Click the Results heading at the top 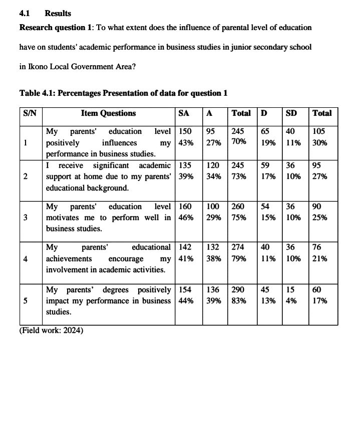click(58, 14)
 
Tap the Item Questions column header click(108, 114)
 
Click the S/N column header click(30, 114)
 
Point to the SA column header click(184, 114)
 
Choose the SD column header click(291, 114)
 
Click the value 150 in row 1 click(185, 131)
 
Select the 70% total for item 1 click(239, 142)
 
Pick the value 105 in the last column click(319, 131)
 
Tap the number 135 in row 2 click(185, 165)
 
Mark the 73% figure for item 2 click(239, 176)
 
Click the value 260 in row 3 click(239, 206)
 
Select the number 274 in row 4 click(239, 247)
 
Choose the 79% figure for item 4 click(239, 259)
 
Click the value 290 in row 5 click(239, 290)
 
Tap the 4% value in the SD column click(290, 301)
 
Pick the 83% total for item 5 click(239, 301)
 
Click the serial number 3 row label click(26, 218)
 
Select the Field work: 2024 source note click(51, 330)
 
